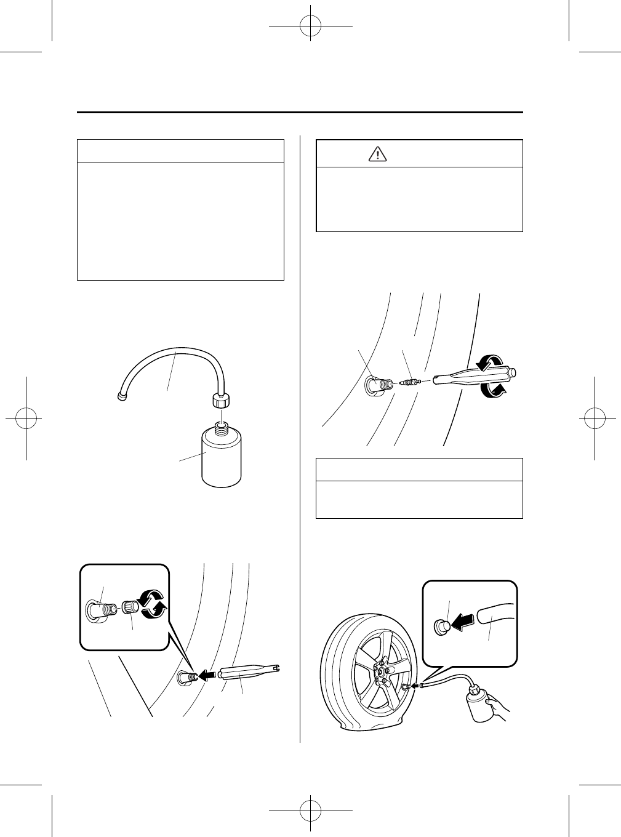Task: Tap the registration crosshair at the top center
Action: [x=311, y=26]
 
